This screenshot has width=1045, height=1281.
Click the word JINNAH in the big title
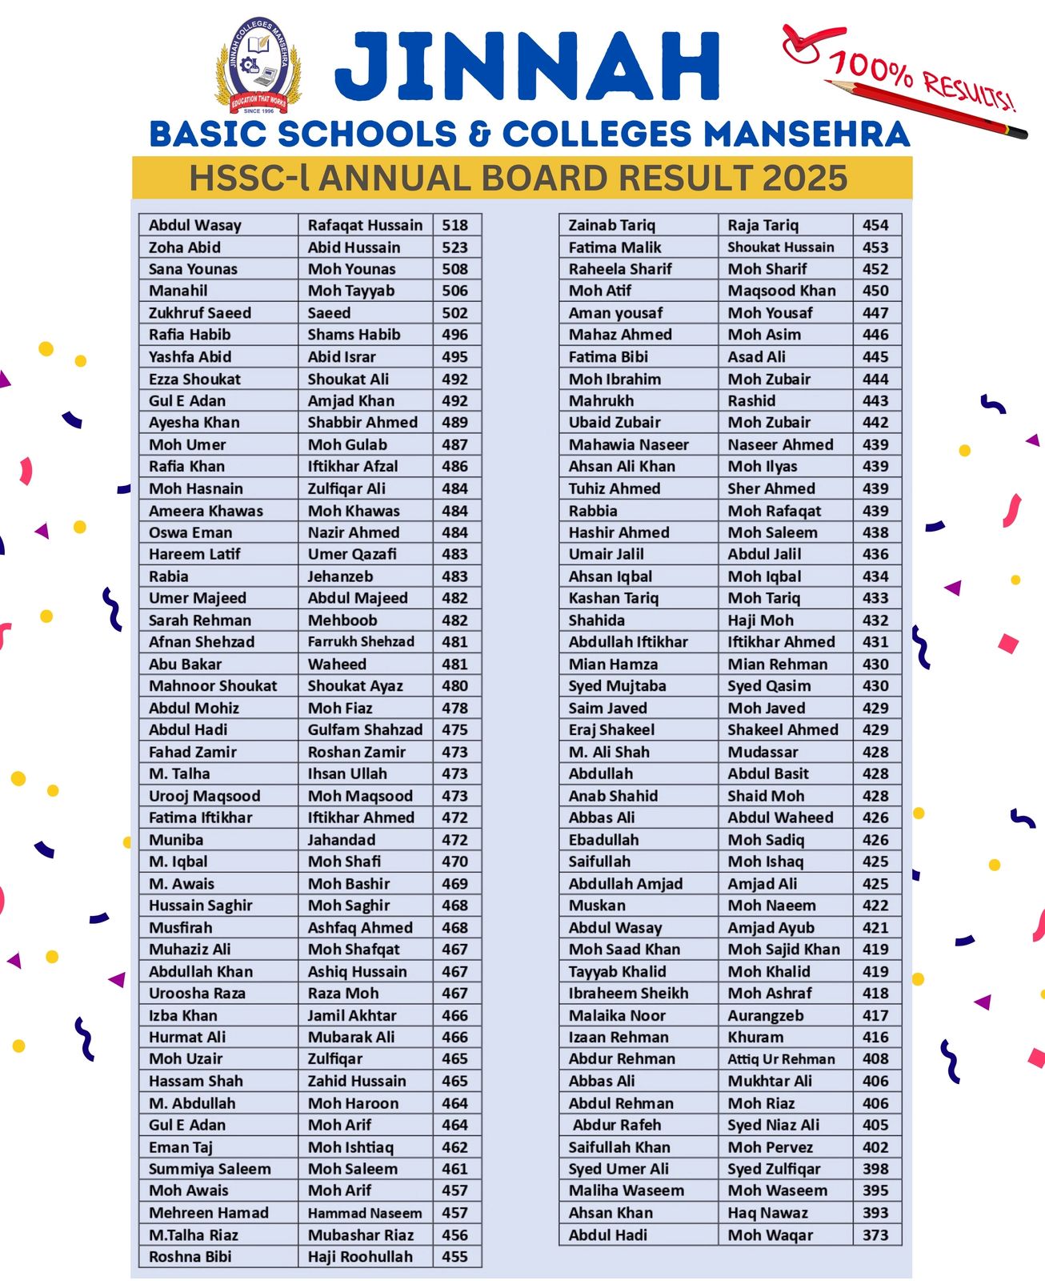(528, 67)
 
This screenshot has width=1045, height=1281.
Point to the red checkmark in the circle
(803, 42)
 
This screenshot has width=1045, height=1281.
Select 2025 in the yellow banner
(803, 178)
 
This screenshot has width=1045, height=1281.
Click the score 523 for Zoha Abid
(454, 247)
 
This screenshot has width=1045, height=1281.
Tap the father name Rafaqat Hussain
(365, 226)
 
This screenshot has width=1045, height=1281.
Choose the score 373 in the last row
(875, 1235)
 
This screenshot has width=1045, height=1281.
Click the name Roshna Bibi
(190, 1257)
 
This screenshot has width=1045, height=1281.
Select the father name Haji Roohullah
(360, 1257)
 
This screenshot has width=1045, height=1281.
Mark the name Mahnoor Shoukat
(213, 686)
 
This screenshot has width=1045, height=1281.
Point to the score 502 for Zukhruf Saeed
(454, 313)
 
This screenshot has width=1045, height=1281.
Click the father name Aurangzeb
(765, 1015)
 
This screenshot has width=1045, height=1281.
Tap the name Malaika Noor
(617, 1015)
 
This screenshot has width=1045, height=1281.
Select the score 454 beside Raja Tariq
(875, 226)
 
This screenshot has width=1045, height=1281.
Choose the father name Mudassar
(763, 752)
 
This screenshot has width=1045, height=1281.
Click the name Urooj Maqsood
(204, 796)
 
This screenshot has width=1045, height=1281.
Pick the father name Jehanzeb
(340, 576)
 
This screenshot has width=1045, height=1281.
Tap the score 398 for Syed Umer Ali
(875, 1169)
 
